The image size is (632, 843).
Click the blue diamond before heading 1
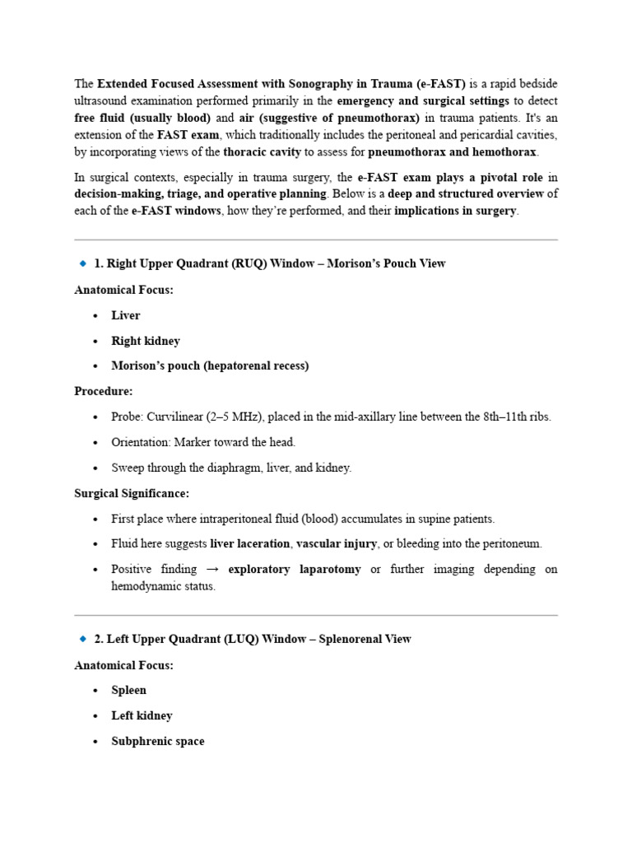point(82,263)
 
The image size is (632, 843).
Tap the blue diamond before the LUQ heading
point(82,639)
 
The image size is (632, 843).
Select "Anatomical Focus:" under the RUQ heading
point(123,290)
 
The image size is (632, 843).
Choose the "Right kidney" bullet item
point(146,341)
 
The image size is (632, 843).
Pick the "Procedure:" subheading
point(103,391)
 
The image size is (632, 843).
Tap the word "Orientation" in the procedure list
point(140,442)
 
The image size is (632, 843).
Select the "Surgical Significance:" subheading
point(132,493)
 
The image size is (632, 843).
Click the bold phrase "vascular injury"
point(336,543)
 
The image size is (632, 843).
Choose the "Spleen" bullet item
point(129,690)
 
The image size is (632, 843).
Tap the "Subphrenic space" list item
point(158,741)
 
